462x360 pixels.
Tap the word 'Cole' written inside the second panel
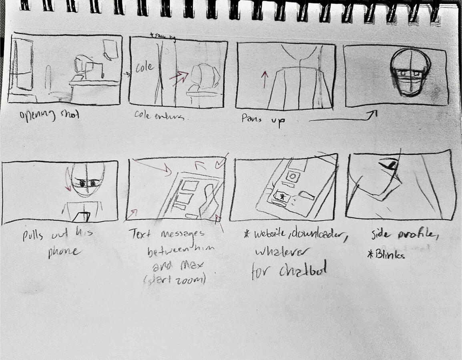point(145,67)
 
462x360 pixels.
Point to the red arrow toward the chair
point(179,77)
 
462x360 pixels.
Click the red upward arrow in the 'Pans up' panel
point(264,79)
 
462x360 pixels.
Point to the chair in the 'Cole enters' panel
point(204,80)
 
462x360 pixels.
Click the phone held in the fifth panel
point(82,217)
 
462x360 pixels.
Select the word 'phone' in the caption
point(64,253)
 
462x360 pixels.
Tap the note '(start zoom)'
point(175,280)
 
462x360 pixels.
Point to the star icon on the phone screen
point(283,197)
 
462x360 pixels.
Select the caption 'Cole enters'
point(159,117)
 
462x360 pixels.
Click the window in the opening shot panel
point(22,64)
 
